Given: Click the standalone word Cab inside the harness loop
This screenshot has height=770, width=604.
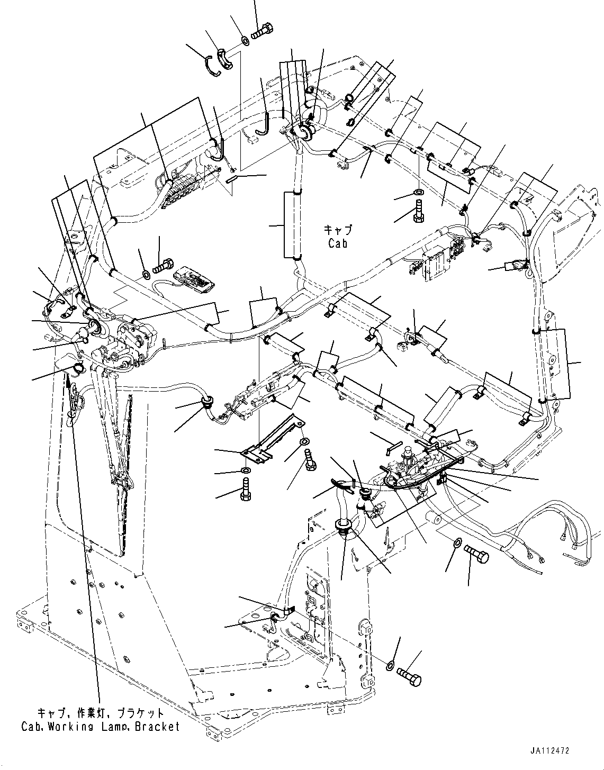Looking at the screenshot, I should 337,244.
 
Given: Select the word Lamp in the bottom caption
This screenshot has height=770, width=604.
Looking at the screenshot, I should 113,727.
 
